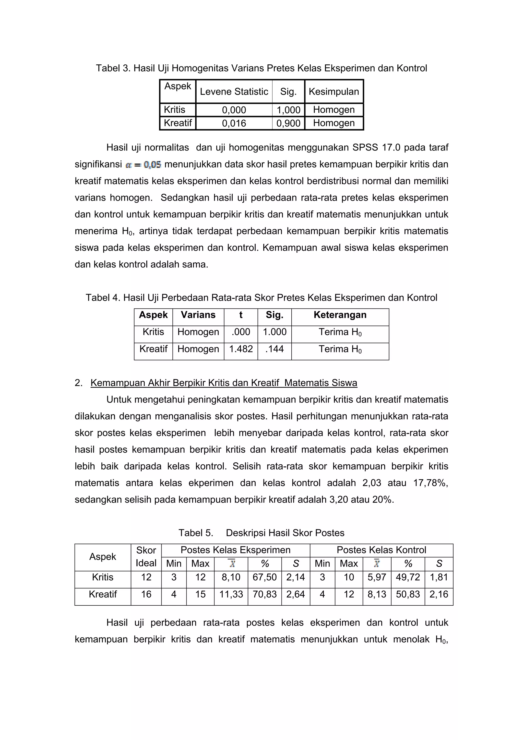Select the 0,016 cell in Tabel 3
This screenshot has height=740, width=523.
234,123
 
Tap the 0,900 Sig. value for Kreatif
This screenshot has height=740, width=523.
288,123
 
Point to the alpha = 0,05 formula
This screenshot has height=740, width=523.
143,165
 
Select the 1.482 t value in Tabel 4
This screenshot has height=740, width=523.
241,349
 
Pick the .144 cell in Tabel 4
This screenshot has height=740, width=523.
275,349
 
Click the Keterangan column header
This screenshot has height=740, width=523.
340,315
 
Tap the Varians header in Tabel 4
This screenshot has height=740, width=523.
198,315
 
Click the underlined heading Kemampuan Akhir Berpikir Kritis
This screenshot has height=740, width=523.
224,383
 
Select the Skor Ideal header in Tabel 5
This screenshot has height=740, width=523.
146,557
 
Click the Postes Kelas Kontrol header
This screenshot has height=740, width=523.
381,550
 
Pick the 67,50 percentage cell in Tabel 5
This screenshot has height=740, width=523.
265,577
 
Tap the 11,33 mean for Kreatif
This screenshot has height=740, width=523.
231,594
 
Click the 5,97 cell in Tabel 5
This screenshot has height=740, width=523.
377,577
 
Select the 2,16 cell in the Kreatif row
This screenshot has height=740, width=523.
438,594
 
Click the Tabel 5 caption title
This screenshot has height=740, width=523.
261,533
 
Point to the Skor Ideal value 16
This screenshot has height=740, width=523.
146,594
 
